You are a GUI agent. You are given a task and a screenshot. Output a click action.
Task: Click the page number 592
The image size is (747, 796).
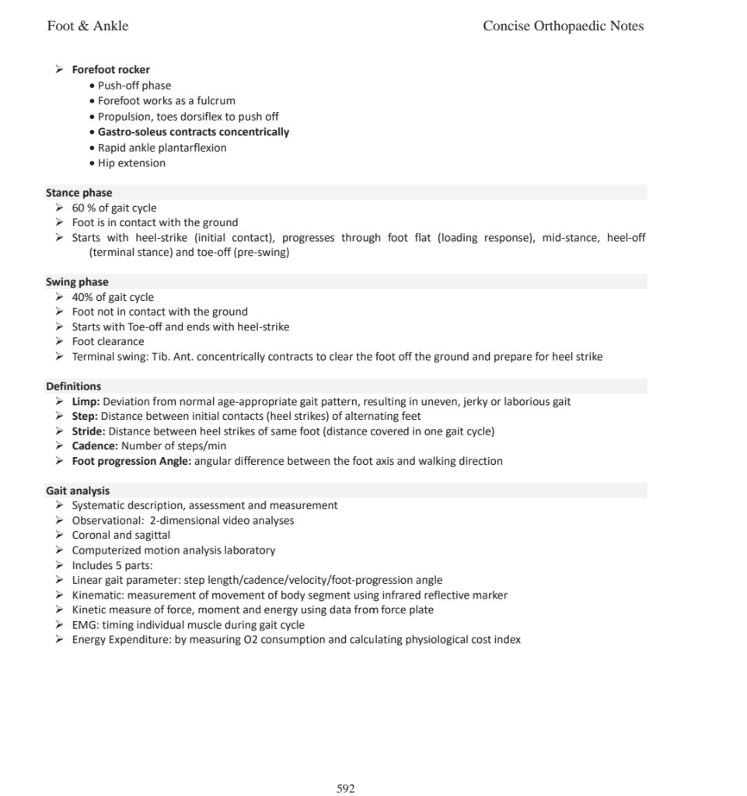pyautogui.click(x=346, y=789)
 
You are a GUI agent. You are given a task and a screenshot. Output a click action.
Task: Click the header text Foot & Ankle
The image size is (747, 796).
pyautogui.click(x=88, y=26)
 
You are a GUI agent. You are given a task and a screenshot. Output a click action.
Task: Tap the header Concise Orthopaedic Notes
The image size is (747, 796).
pyautogui.click(x=563, y=26)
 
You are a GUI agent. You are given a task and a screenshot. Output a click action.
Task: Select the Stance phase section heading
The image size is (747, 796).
pyautogui.click(x=79, y=193)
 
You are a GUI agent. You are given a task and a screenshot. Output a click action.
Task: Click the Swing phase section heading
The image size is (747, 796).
pyautogui.click(x=77, y=282)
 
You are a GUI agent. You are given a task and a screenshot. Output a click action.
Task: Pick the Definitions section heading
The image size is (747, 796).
pyautogui.click(x=73, y=386)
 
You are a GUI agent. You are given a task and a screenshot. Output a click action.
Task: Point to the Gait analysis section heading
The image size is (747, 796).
pyautogui.click(x=78, y=491)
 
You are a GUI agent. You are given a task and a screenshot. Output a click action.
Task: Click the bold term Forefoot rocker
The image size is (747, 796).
pyautogui.click(x=110, y=70)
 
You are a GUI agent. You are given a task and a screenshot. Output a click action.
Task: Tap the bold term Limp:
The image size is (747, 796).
pyautogui.click(x=86, y=402)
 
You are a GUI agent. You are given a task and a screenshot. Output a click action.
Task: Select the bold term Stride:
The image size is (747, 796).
pyautogui.click(x=89, y=431)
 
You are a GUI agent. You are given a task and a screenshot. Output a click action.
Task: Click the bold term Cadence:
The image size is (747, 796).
pyautogui.click(x=95, y=446)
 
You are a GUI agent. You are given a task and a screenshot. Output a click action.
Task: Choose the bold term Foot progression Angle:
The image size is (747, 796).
pyautogui.click(x=131, y=461)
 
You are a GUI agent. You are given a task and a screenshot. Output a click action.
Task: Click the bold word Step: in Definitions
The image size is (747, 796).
pyautogui.click(x=85, y=417)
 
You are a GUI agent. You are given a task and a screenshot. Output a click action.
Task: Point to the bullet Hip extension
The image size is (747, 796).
pyautogui.click(x=131, y=163)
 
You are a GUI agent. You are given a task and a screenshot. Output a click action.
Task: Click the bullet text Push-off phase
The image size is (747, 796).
pyautogui.click(x=134, y=86)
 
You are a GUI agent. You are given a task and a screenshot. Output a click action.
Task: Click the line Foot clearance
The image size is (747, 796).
pyautogui.click(x=108, y=342)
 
